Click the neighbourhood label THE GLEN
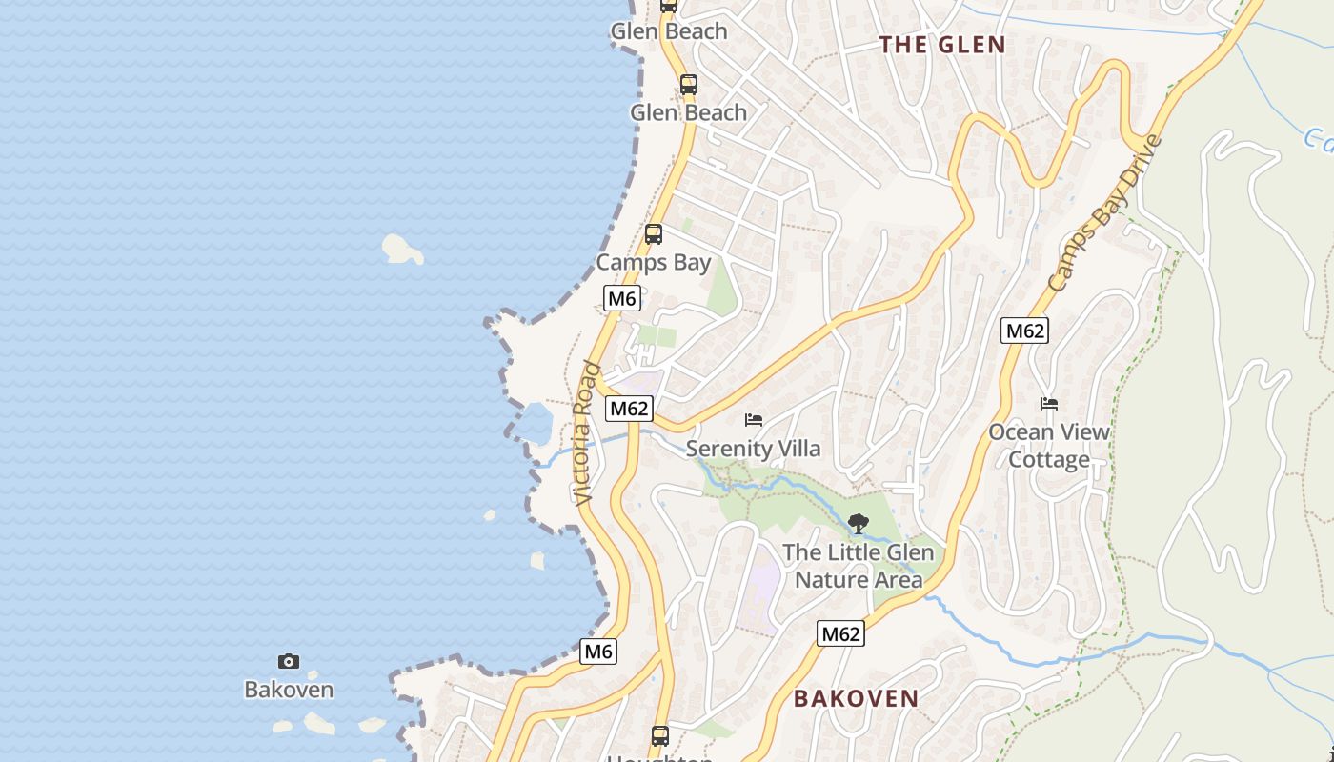tap(941, 45)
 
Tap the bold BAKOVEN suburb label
tap(857, 698)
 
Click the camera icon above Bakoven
tap(289, 661)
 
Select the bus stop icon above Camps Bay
tap(654, 233)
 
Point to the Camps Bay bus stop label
tap(654, 262)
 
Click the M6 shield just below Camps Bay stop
tap(622, 299)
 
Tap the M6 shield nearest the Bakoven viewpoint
tap(598, 652)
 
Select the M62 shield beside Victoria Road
tap(629, 409)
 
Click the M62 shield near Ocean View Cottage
tap(1024, 331)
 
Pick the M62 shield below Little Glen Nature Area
tap(840, 633)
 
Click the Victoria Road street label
tap(586, 433)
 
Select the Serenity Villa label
tap(753, 449)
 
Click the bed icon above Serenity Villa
tap(754, 419)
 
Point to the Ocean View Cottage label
tap(1048, 446)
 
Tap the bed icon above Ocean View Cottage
tap(1049, 404)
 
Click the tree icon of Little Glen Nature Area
tap(858, 523)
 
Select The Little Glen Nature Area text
tap(858, 566)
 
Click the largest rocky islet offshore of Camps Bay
tap(402, 249)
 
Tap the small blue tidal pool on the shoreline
tap(535, 423)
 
